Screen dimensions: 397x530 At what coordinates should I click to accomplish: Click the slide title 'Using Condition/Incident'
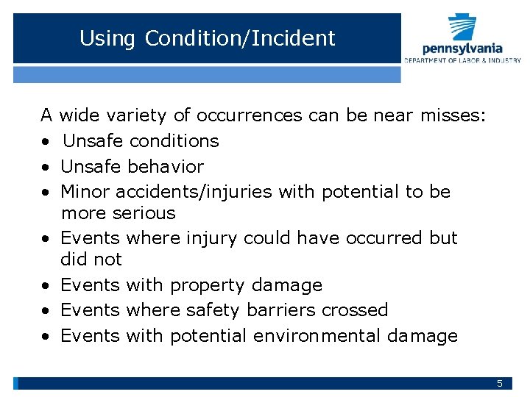pos(207,38)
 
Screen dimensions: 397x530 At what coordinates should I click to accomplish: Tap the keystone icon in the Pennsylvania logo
pos(463,29)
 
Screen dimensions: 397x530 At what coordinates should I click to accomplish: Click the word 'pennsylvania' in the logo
pos(462,49)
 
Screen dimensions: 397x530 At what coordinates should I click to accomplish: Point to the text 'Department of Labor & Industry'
pos(462,60)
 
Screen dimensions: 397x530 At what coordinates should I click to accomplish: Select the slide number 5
pos(500,383)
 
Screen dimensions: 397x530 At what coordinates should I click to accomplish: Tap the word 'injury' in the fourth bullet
pos(206,238)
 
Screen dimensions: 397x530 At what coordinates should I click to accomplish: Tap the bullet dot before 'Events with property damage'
pos(46,285)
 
